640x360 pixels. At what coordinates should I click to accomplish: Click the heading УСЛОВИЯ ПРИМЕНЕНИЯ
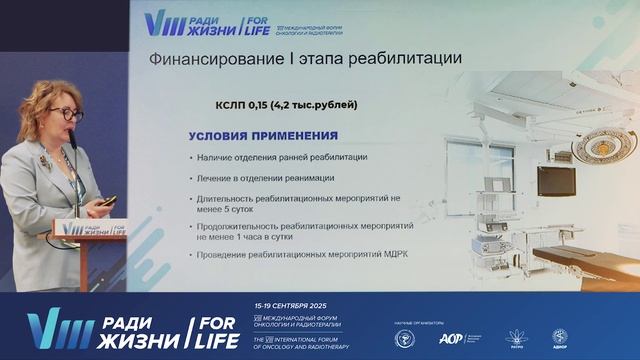[263, 135]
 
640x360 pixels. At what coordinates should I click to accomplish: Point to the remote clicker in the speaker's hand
[107, 201]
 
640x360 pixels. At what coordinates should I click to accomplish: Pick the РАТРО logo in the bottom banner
[517, 338]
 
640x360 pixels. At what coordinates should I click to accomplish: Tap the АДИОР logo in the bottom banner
[559, 338]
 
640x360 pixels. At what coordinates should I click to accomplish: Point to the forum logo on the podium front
[76, 229]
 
